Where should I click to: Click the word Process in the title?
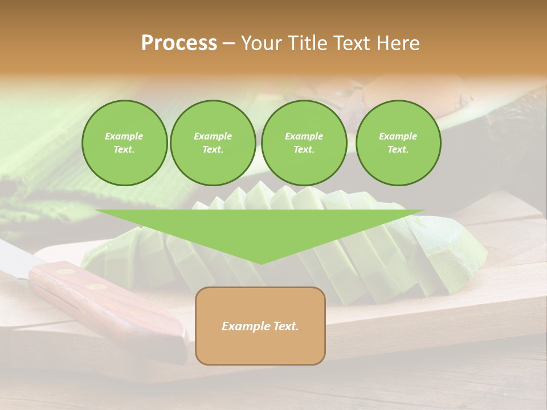[x=179, y=43]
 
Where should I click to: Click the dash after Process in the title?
[x=228, y=44]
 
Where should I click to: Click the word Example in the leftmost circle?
[x=124, y=136]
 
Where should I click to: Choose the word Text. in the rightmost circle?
[x=398, y=150]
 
